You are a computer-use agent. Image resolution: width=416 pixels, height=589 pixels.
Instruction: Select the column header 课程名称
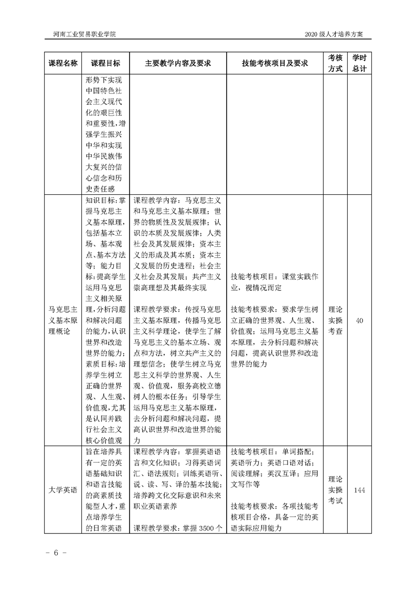63,63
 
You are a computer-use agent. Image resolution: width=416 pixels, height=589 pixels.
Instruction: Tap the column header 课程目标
105,63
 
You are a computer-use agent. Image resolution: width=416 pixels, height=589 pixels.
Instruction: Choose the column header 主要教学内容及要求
178,63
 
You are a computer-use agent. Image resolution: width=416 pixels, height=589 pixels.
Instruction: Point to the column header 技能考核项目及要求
275,63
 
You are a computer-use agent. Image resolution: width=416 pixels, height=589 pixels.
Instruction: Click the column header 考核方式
336,63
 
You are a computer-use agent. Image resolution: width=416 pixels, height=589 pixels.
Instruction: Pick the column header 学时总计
359,63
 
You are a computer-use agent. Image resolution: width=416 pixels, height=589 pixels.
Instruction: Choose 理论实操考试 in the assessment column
336,490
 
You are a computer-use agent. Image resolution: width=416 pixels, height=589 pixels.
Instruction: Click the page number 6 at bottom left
55,553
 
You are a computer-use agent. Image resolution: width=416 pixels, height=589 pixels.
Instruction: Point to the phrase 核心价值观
103,440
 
